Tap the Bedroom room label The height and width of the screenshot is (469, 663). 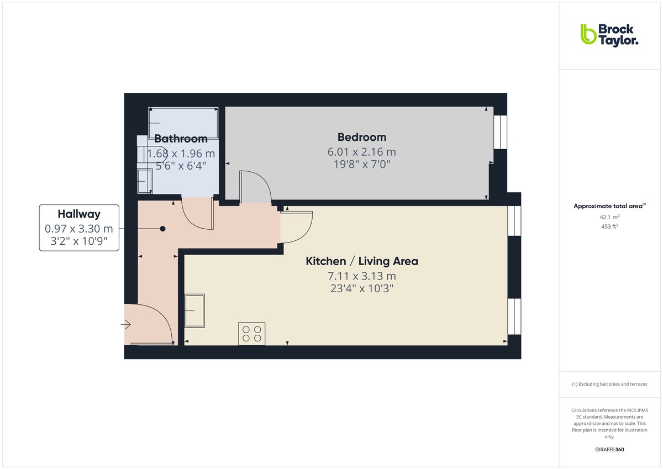[362, 137]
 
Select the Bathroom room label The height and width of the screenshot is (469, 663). [181, 139]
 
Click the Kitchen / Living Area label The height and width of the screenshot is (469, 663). [362, 261]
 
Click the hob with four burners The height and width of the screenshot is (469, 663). [251, 334]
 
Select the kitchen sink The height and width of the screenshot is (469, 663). [194, 310]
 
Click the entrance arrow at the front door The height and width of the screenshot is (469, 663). [127, 325]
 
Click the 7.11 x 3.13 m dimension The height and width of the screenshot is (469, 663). [362, 276]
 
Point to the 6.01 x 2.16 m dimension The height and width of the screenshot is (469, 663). [362, 152]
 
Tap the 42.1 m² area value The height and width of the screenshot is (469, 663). [609, 217]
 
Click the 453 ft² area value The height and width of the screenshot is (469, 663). [609, 226]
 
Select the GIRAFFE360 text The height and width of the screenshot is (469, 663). [609, 450]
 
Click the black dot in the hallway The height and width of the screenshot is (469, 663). [162, 228]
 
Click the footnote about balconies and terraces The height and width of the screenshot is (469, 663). [609, 384]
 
